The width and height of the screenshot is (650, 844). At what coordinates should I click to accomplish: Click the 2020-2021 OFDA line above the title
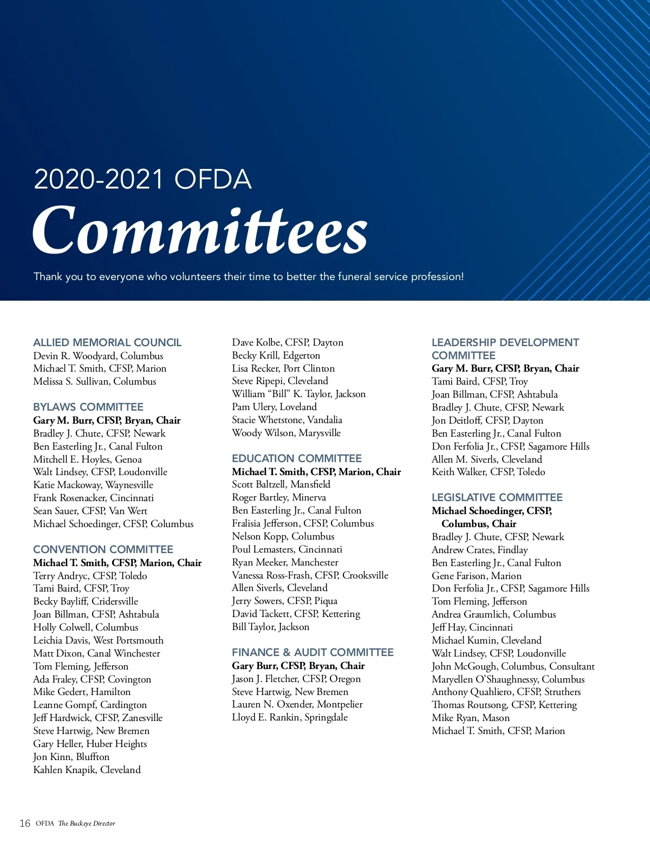pyautogui.click(x=142, y=179)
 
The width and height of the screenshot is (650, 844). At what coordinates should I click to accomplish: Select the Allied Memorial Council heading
pyautogui.click(x=107, y=342)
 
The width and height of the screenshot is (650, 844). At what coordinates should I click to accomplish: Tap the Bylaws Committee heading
pyautogui.click(x=88, y=407)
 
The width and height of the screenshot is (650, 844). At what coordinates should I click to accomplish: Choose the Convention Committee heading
pyautogui.click(x=103, y=549)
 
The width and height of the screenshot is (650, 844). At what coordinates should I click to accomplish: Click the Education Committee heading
pyautogui.click(x=296, y=458)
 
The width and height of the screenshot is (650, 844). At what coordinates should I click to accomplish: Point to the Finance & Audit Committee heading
pyautogui.click(x=313, y=652)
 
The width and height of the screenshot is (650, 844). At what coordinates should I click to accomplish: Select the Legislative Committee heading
pyautogui.click(x=497, y=497)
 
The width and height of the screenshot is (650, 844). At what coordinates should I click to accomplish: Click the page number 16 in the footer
pyautogui.click(x=25, y=823)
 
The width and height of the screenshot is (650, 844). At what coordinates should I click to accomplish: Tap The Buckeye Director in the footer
pyautogui.click(x=87, y=823)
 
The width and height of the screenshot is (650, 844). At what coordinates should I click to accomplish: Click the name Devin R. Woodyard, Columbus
pyautogui.click(x=98, y=356)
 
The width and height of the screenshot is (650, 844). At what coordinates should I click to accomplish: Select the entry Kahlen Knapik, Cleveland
pyautogui.click(x=87, y=770)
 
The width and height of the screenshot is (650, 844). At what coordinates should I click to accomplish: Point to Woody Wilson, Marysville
pyautogui.click(x=286, y=433)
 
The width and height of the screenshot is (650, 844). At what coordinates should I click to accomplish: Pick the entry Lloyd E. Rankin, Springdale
pyautogui.click(x=290, y=717)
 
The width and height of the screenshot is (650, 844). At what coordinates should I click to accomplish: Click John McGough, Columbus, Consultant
pyautogui.click(x=513, y=666)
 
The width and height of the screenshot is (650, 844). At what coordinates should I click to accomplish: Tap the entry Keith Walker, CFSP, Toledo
pyautogui.click(x=488, y=472)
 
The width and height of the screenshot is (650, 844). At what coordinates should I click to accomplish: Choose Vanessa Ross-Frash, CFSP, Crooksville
pyautogui.click(x=310, y=575)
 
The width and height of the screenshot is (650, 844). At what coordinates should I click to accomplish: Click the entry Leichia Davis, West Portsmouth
pyautogui.click(x=98, y=640)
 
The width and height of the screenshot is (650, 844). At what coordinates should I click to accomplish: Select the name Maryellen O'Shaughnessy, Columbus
pyautogui.click(x=508, y=679)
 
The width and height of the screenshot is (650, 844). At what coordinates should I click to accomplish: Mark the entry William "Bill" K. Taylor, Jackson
pyautogui.click(x=298, y=394)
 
